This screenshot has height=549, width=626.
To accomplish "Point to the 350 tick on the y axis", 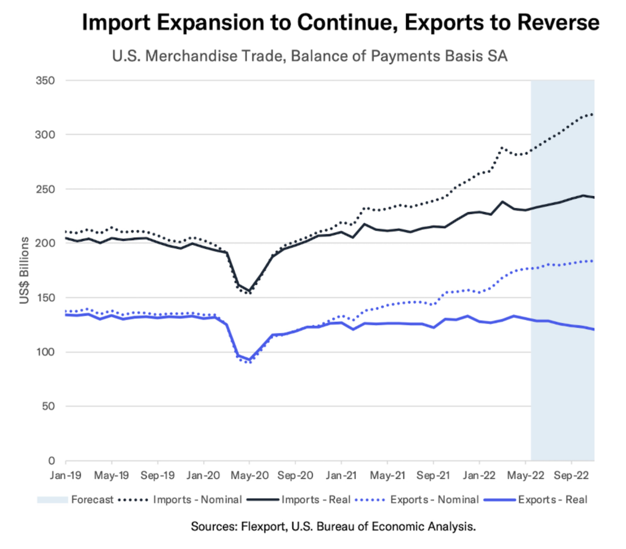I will pyautogui.click(x=46, y=80).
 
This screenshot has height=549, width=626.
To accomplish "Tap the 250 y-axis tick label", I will pyautogui.click(x=46, y=189).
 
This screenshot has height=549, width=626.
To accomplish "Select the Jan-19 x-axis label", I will pyautogui.click(x=65, y=475).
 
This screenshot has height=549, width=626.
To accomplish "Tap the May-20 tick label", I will pyautogui.click(x=249, y=475).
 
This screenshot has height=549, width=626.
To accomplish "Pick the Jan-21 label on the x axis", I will pyautogui.click(x=341, y=475).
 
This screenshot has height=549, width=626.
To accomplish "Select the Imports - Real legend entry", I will pyautogui.click(x=316, y=500).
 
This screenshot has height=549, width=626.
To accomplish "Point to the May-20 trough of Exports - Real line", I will pyautogui.click(x=249, y=359).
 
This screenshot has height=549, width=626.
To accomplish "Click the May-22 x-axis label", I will pyautogui.click(x=525, y=475).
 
